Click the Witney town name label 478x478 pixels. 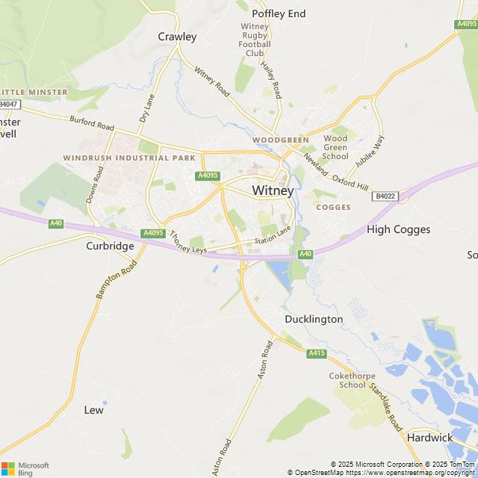tap(273, 190)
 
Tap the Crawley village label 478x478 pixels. tap(177, 37)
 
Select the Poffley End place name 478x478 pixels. tap(279, 13)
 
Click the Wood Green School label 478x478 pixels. tap(336, 148)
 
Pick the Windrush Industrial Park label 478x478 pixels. tap(129, 158)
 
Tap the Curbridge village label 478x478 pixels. tap(110, 245)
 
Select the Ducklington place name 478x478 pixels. tap(314, 319)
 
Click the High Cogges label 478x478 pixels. tap(399, 229)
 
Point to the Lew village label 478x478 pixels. tap(94, 410)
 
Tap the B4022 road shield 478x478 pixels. tap(384, 196)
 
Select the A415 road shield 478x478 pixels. tap(316, 353)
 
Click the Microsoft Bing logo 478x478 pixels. tap(25, 468)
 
